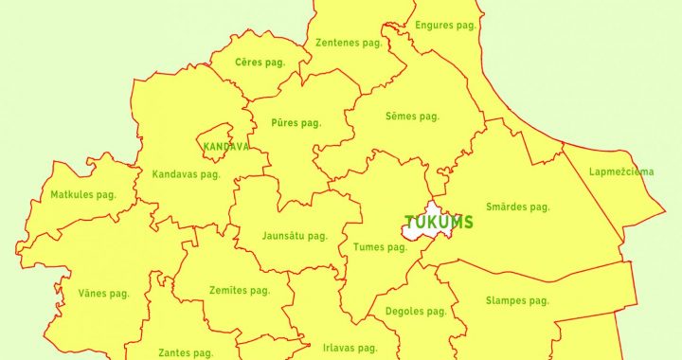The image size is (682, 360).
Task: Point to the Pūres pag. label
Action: point(296,123)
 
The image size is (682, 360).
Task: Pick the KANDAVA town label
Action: point(226,148)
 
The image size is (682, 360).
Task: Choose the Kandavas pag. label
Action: point(187,174)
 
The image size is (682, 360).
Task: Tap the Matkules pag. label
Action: point(83,195)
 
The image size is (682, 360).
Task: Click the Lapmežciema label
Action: point(620,172)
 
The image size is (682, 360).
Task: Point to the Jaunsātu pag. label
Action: point(295,236)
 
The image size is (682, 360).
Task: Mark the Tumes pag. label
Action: point(379,247)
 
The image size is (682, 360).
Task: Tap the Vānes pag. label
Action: point(103,294)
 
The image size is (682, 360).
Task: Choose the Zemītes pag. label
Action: point(240,291)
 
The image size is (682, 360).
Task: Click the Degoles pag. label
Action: point(416,311)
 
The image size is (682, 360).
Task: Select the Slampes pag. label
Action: point(517,301)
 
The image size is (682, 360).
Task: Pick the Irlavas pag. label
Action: point(350,348)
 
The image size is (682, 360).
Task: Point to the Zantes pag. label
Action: point(186,352)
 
